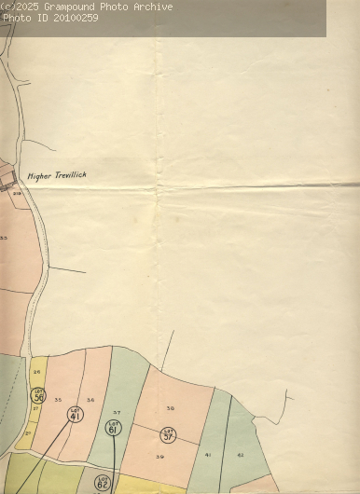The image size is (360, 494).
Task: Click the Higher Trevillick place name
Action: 57,174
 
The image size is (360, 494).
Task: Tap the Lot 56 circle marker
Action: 38,396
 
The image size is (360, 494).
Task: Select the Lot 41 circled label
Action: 75,414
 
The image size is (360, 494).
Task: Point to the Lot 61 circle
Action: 114,428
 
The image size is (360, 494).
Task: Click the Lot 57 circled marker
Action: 168,433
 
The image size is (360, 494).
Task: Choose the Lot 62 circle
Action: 103,483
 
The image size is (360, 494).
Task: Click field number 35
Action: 58,400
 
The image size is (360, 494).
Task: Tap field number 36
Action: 90,400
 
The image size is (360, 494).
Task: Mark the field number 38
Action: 170,408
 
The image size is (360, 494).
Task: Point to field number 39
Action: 159,457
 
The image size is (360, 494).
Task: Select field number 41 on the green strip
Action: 208,454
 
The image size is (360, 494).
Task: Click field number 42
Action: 240,454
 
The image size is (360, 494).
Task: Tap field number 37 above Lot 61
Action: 117,412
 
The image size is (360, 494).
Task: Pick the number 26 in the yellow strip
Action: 36,372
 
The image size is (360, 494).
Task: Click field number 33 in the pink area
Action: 4,239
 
